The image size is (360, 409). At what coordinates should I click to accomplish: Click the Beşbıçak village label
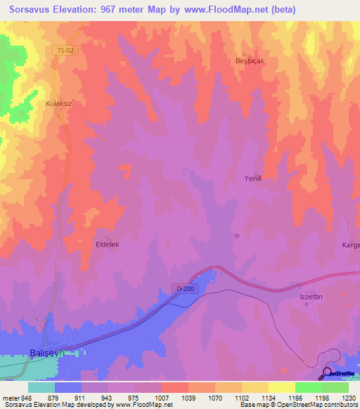(x=249, y=61)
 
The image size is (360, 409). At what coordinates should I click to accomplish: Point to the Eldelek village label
(x=109, y=244)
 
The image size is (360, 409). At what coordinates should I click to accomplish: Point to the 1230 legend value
(x=347, y=397)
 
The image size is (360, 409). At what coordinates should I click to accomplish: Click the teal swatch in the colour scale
(x=41, y=387)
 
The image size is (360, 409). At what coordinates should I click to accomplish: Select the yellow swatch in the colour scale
(x=281, y=387)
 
